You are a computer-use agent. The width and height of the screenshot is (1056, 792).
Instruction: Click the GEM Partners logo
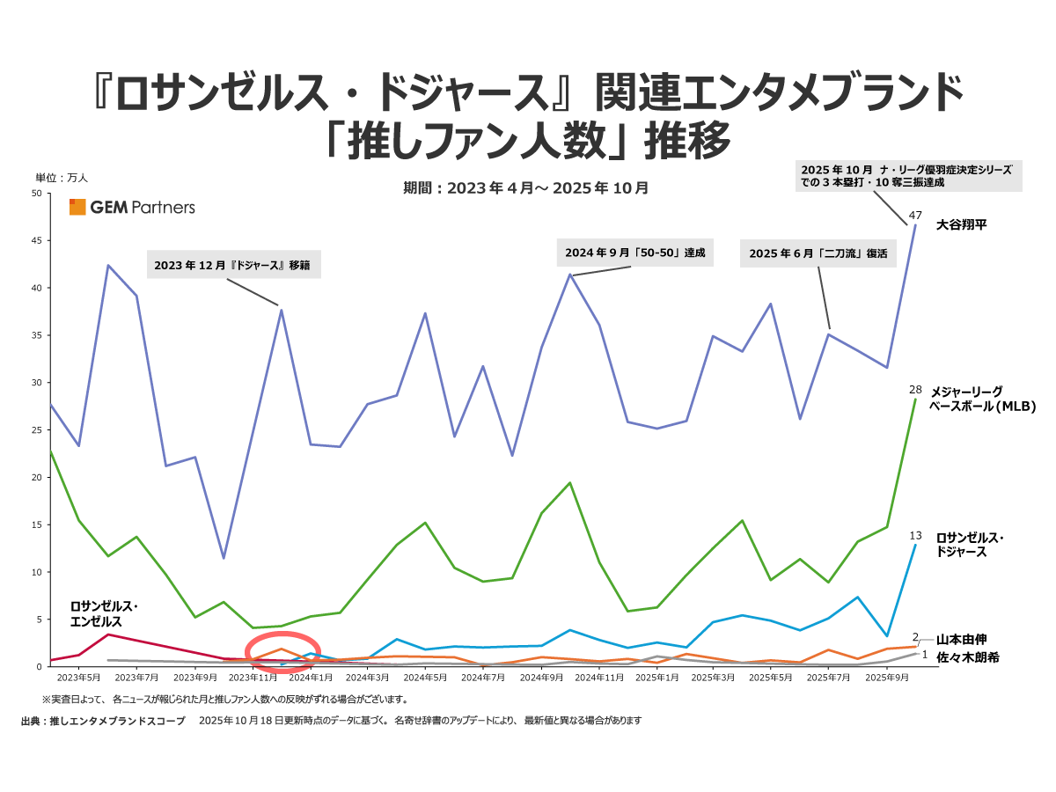pos(132,208)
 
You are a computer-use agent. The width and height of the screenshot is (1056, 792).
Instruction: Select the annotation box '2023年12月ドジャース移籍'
pos(233,264)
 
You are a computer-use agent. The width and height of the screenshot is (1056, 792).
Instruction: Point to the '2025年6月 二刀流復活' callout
pos(818,253)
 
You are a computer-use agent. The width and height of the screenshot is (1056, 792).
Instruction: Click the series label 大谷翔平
pos(961,224)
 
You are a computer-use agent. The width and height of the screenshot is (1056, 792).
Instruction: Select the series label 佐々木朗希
pos(967,656)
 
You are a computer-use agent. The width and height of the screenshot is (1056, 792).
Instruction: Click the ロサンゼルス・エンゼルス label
pos(105,613)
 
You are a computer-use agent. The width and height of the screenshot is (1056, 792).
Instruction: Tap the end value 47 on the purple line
pos(915,216)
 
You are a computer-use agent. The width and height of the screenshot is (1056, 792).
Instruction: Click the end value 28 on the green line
pos(915,388)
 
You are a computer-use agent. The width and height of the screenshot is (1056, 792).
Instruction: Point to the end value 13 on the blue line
pos(915,535)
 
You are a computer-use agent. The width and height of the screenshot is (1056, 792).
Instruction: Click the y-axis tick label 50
pos(37,194)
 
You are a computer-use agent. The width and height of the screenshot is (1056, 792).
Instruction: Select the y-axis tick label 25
pos(37,429)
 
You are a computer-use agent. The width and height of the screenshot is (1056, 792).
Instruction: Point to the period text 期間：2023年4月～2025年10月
pos(525,187)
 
